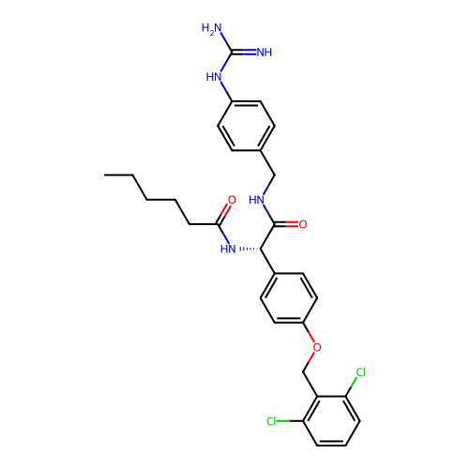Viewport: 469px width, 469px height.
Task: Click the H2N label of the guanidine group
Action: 211,28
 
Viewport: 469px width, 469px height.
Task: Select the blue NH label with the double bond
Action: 264,53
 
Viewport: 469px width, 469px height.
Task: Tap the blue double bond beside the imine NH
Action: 250,53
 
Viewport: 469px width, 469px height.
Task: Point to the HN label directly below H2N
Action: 214,78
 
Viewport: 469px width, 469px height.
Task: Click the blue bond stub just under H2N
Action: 222,38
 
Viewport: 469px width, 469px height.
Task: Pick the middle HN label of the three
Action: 256,200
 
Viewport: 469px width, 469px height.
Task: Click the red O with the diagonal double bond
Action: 232,200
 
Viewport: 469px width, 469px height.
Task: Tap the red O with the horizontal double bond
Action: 302,224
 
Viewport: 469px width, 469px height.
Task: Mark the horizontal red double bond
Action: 291,224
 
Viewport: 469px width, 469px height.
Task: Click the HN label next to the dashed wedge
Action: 228,249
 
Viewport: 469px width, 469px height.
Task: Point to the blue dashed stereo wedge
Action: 243,249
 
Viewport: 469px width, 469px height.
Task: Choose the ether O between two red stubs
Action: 316,347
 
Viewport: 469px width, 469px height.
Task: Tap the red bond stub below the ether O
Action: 311,358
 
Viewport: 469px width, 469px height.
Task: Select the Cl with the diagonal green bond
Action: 360,372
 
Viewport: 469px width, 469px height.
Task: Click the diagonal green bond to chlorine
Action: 354,382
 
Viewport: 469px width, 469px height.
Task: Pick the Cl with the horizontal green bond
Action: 271,421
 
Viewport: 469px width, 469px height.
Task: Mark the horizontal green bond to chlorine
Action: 283,421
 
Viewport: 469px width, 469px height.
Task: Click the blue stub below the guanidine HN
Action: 224,87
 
